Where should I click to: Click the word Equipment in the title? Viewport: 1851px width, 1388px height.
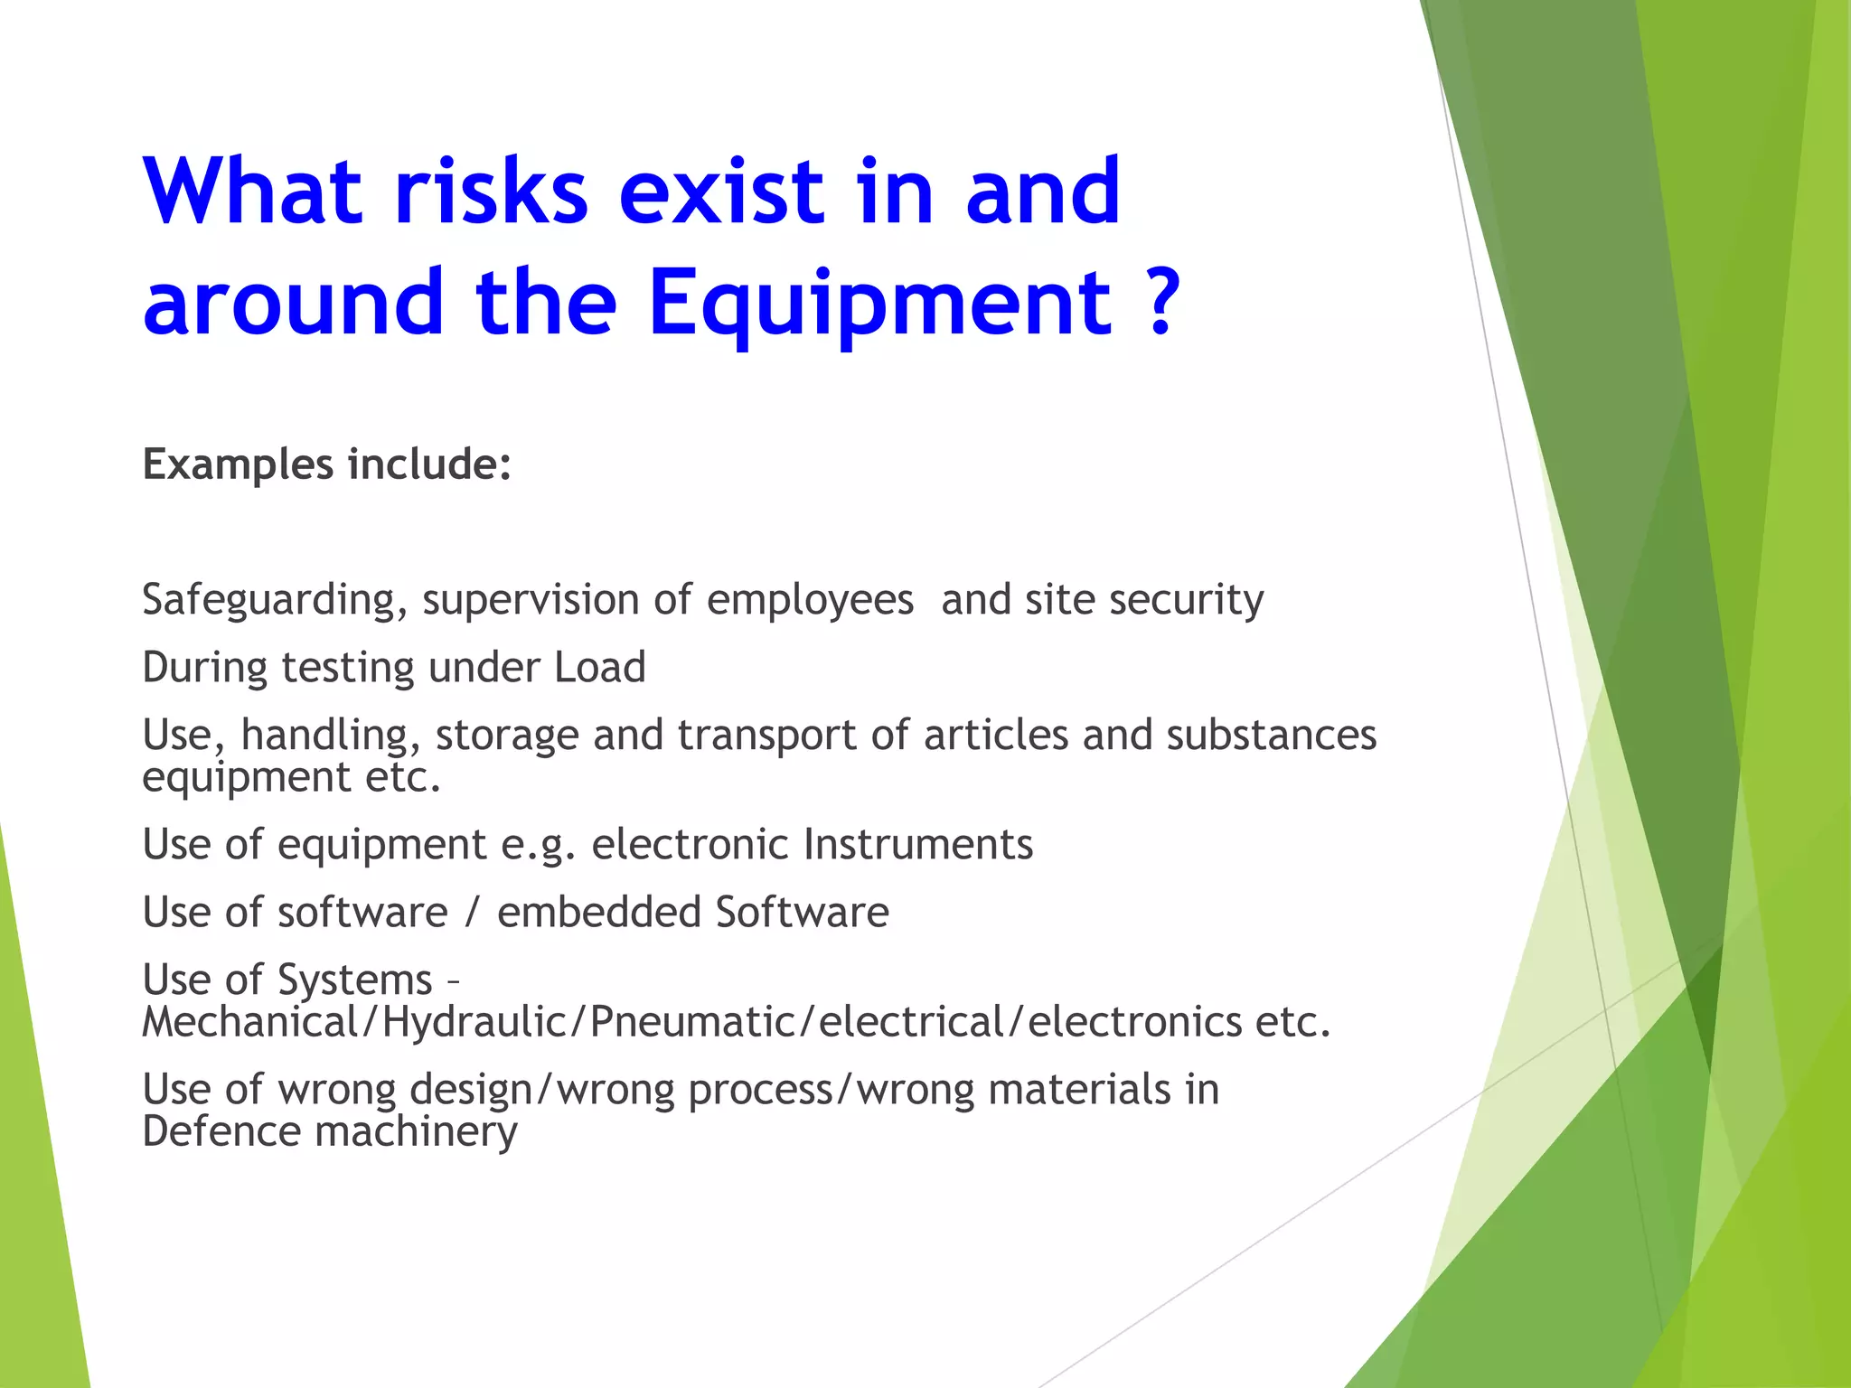click(x=879, y=304)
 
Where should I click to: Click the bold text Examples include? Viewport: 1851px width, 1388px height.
click(x=327, y=464)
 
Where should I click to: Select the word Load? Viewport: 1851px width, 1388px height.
click(x=599, y=668)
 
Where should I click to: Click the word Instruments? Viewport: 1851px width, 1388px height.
click(x=917, y=845)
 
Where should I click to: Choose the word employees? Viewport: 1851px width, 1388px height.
click(x=810, y=600)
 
